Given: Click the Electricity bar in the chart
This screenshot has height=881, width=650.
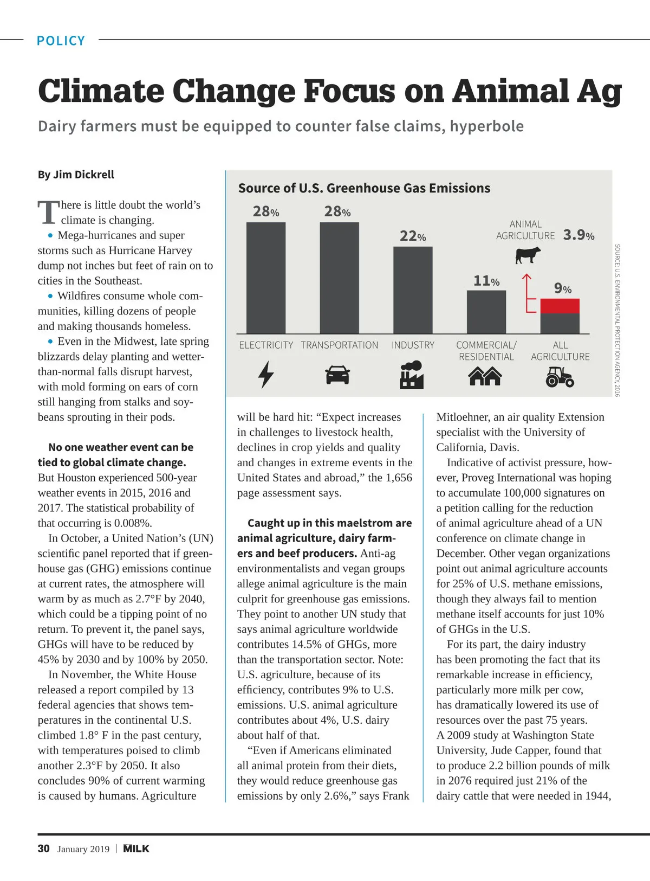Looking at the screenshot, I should pos(266,278).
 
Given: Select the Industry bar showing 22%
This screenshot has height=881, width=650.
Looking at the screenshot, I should pos(413,290).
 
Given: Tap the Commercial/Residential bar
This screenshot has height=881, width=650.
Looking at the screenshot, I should pos(486,312).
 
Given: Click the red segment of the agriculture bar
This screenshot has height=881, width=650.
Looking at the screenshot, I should pos(560,306).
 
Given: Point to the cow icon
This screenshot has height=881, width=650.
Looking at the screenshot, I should pos(528,255).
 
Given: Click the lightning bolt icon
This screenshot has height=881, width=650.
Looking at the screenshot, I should pos(266,374).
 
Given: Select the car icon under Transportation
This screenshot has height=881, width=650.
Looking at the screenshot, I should pos(337,375).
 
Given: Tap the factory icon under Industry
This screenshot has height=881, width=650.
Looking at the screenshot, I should pos(412,375).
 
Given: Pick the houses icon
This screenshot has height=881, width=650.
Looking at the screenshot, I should pos(485,376).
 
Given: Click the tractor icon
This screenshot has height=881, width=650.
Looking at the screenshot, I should pos(560,376).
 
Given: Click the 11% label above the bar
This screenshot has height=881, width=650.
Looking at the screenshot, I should pos(486,281).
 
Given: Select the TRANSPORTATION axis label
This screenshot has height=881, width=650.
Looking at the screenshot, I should pos(340,345).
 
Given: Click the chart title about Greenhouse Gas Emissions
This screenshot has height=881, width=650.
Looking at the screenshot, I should pos(364,188).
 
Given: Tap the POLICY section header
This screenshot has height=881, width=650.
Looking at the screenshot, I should pos(61,41).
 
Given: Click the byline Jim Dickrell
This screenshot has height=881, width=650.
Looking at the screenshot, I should pos(76,175).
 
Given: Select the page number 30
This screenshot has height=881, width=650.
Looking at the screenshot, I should pos(43,848).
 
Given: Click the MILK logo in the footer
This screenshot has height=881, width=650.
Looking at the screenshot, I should pos(136,848).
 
